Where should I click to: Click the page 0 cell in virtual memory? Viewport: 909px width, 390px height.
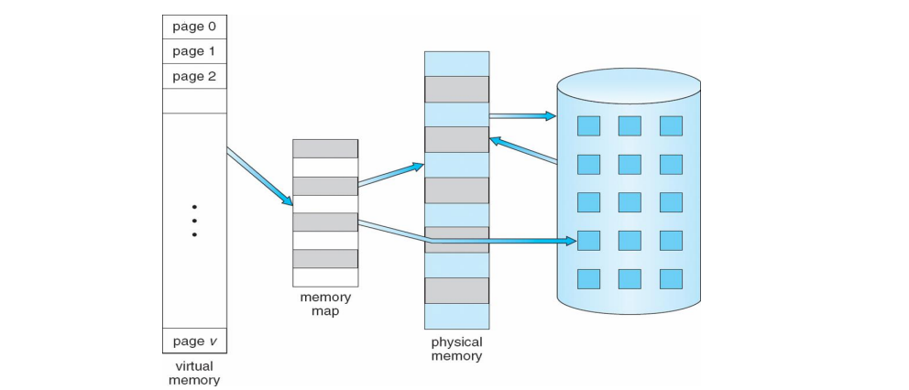click(194, 26)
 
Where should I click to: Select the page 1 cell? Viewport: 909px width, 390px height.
click(194, 51)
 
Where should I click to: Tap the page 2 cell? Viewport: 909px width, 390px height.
click(194, 76)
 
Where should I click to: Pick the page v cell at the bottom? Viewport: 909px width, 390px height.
click(194, 341)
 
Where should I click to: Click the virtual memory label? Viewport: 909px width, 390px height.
click(194, 373)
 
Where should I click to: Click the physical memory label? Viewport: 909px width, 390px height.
click(456, 349)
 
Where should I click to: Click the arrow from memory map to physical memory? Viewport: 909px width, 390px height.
click(390, 175)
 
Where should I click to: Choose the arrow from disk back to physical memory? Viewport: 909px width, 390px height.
click(522, 150)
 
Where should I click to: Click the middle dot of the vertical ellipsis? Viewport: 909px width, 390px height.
click(194, 220)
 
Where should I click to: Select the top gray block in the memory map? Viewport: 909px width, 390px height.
click(325, 148)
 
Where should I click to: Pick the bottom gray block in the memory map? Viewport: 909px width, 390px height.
click(325, 258)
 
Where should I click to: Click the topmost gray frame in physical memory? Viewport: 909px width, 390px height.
click(456, 89)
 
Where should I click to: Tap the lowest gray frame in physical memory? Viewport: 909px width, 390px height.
click(456, 290)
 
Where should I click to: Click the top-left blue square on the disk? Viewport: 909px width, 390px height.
click(588, 126)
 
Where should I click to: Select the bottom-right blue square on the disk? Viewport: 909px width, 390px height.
click(671, 278)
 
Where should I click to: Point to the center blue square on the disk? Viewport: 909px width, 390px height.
click(630, 202)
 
